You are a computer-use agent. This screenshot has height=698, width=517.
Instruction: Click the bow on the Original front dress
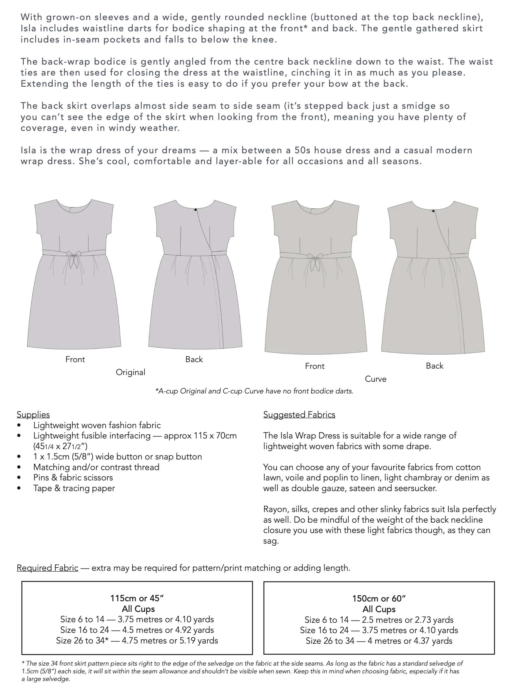pos(74,258)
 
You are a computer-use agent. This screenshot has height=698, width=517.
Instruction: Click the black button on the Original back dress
pos(196,209)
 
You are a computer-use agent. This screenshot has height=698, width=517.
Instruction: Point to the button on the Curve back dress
pos(433,211)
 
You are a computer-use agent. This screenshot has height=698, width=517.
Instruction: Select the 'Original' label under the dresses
pos(131,372)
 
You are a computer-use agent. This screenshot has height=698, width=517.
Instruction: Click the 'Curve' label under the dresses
pos(376,379)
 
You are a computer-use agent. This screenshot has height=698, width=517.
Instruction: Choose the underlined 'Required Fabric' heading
pos(48,568)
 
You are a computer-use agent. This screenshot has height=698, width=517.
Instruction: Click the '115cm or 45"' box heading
pos(137,598)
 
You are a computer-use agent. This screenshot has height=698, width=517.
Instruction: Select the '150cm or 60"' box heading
pos(379,598)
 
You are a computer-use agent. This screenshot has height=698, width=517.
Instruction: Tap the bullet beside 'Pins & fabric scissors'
pos(19,478)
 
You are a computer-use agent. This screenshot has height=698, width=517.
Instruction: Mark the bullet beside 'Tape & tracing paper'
pos(19,488)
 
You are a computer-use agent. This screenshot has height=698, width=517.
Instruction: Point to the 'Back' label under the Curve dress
pos(434,366)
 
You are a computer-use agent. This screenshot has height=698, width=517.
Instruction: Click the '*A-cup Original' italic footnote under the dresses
pos(180,391)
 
